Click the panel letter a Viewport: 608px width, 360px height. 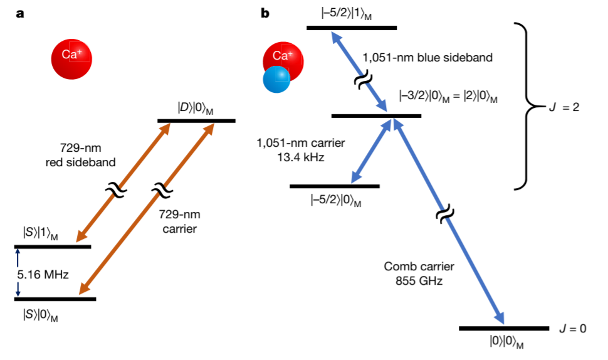(x=21, y=13)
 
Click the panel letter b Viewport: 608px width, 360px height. (x=265, y=13)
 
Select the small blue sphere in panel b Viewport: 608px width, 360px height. (x=276, y=80)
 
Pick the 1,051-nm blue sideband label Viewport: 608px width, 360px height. (x=427, y=58)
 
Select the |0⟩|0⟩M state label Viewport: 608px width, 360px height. (x=506, y=342)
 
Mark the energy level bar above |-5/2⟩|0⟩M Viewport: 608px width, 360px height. (x=335, y=186)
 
